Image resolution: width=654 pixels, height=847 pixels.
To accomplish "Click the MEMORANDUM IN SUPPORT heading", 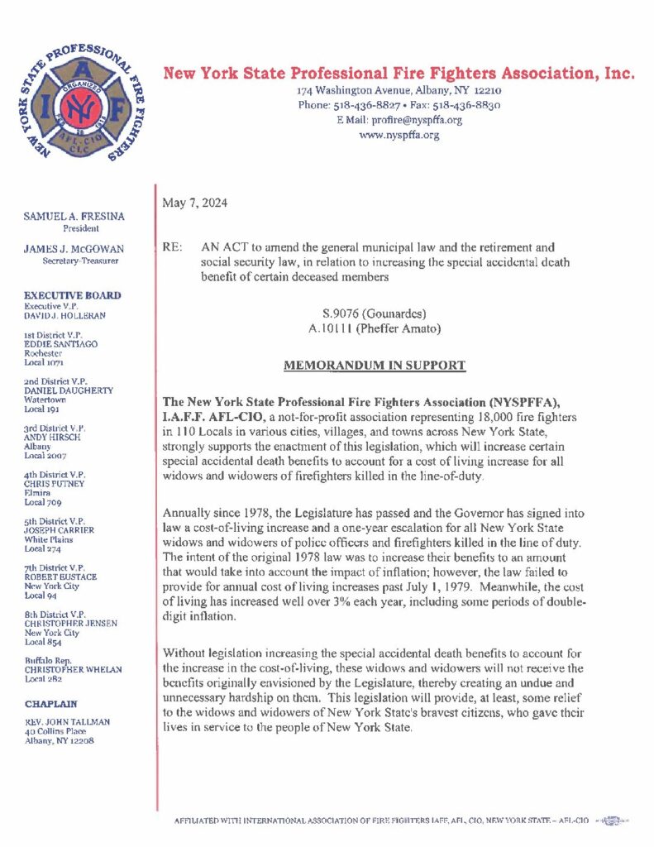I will (x=375, y=365).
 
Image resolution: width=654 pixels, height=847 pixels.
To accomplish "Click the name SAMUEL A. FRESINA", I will (x=74, y=217).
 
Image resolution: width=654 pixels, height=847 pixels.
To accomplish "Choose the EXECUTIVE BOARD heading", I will (x=73, y=295).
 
